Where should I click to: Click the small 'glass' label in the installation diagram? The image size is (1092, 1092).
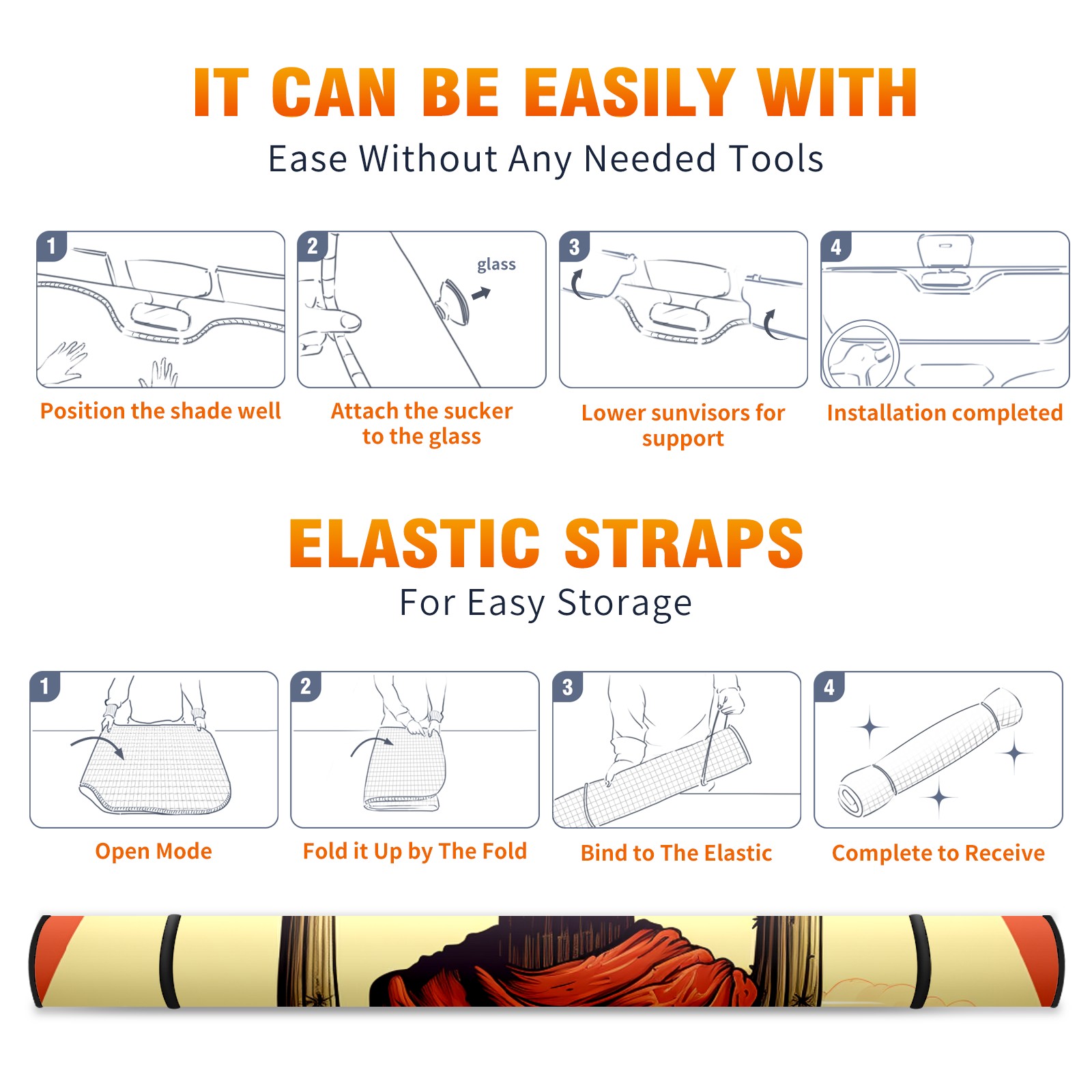coord(496,265)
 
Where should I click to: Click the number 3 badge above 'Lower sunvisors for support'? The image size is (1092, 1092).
coord(574,247)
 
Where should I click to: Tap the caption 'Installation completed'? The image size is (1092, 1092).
coord(945,413)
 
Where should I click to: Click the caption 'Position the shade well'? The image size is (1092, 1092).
coord(160,411)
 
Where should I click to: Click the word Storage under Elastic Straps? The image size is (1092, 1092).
coord(624,603)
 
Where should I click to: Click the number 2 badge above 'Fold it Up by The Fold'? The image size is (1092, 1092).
coord(306,687)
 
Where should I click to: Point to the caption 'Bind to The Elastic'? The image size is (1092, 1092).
coord(676,853)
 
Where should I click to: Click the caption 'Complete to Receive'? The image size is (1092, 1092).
coord(938,853)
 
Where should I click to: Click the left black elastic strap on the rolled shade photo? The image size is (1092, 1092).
coord(169,961)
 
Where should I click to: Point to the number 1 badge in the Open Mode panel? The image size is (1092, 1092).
coord(45,687)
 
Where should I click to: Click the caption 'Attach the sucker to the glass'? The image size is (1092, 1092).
coord(422,424)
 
